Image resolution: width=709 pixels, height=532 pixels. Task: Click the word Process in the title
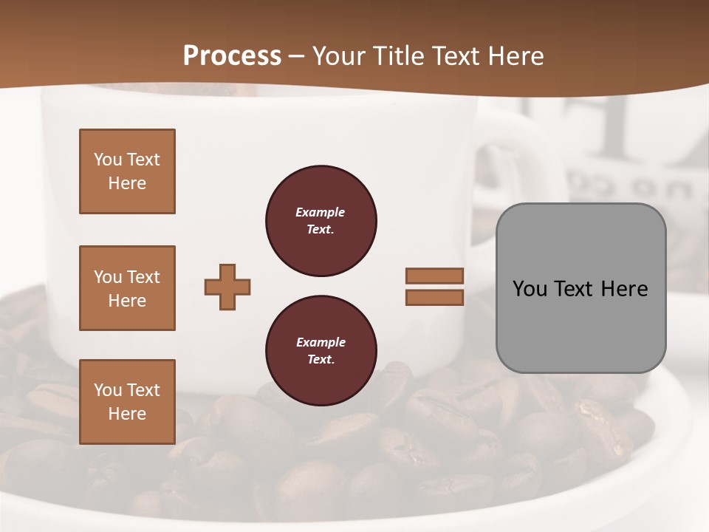(232, 56)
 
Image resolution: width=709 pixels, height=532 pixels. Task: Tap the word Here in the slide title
(514, 56)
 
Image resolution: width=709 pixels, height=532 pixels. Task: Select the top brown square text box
(127, 171)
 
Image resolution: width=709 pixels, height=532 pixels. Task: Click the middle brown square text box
(127, 288)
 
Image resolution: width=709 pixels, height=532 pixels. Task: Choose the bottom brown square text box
(127, 402)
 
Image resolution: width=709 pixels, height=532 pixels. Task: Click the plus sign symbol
(227, 287)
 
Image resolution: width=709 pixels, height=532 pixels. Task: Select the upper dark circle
(321, 221)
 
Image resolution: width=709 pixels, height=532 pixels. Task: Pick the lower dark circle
(321, 351)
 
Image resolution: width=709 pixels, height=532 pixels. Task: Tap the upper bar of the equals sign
(434, 276)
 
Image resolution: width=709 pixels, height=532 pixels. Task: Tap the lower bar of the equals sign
(434, 297)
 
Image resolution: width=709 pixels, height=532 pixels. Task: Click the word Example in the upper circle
(321, 212)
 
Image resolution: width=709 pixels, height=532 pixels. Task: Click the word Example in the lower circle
(321, 342)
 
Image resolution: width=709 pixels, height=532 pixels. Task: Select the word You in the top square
(108, 160)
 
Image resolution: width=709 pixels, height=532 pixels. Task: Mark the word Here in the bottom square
(127, 414)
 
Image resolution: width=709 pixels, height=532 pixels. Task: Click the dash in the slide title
(297, 56)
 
